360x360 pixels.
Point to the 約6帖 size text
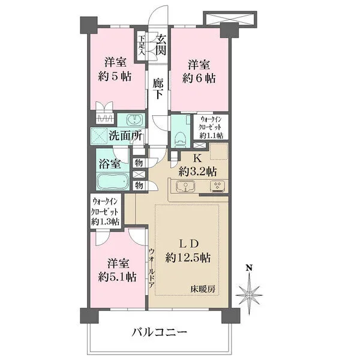pos(199,78)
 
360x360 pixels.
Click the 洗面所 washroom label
pos(125,135)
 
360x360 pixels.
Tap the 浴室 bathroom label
pos(113,163)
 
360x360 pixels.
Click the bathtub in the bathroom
pos(113,182)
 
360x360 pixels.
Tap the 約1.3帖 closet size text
pos(106,221)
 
